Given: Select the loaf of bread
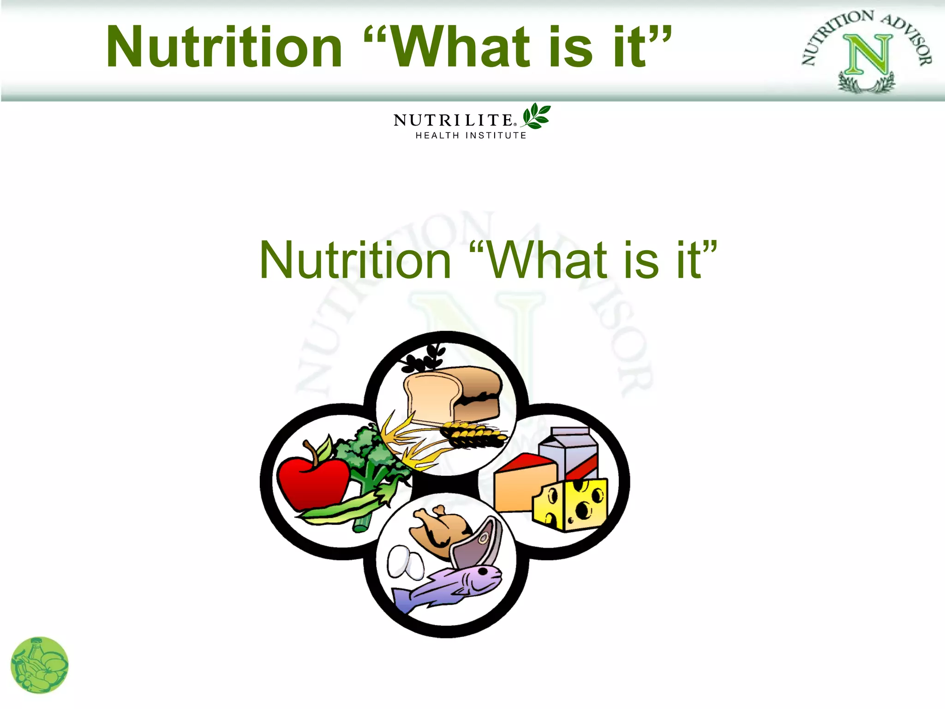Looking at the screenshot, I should [452, 395].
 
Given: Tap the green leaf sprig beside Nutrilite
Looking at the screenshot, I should [536, 116].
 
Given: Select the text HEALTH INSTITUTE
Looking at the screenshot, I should [471, 136].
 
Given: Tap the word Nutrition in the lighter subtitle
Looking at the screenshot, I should [355, 261].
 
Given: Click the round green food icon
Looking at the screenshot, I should [40, 665].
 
